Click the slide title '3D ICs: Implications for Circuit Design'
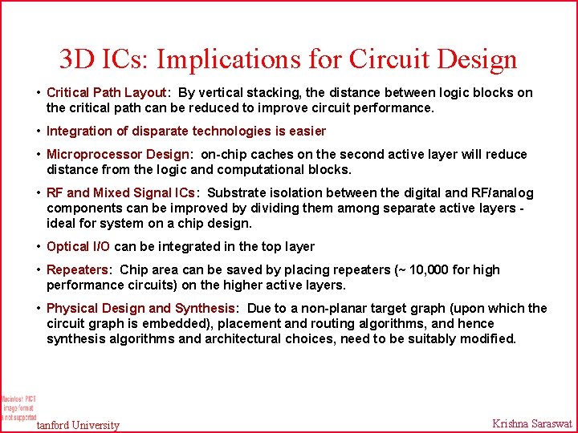coord(288,59)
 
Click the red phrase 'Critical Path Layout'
coord(106,92)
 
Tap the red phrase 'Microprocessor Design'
coord(118,154)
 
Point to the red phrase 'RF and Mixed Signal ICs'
coord(120,192)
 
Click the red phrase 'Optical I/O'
coord(78,246)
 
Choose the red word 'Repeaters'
coord(79,269)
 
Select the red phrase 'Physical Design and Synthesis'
coord(140,308)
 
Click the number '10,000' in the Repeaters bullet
coord(432,269)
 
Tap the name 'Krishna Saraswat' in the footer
coord(531,423)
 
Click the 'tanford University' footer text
coord(78,425)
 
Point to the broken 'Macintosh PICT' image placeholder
coord(18,407)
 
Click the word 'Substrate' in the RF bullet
coord(235,192)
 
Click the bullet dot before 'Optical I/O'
coord(39,246)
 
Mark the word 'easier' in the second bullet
coord(306,131)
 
